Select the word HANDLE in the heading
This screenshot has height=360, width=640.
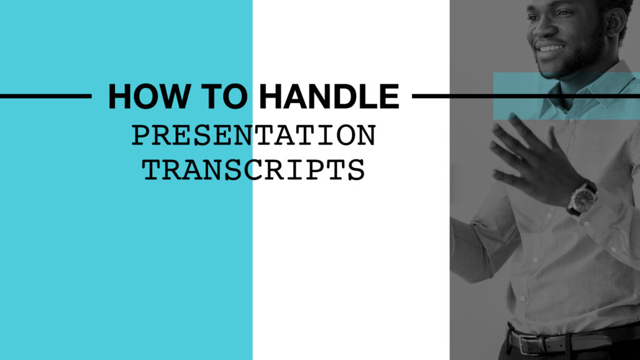point(329,96)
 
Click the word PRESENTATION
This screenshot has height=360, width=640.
point(254,136)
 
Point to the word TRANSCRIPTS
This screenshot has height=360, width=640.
point(254,170)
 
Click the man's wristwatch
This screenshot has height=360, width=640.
point(582,197)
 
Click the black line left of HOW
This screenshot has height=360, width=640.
point(46,96)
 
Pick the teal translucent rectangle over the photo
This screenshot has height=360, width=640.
point(566,96)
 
